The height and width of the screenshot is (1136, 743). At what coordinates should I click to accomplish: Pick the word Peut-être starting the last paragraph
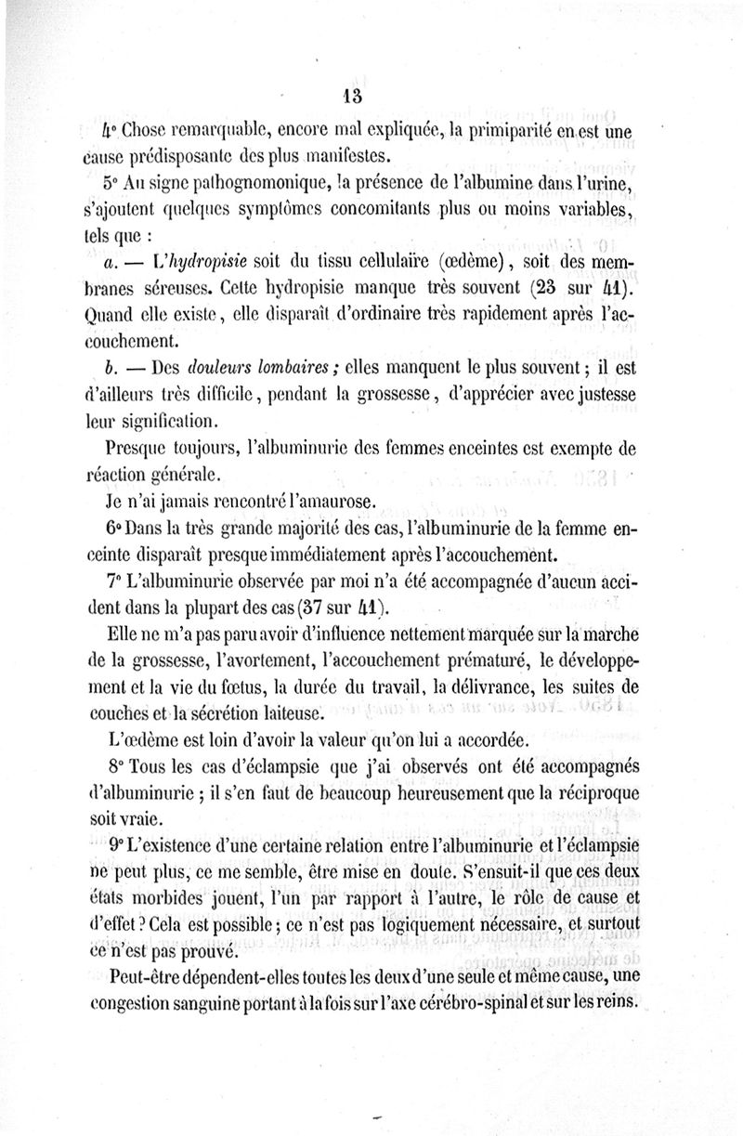click(x=145, y=977)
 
